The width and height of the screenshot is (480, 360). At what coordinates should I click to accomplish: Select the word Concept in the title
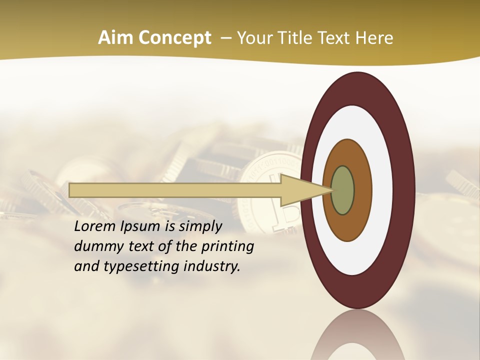click(x=174, y=38)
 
